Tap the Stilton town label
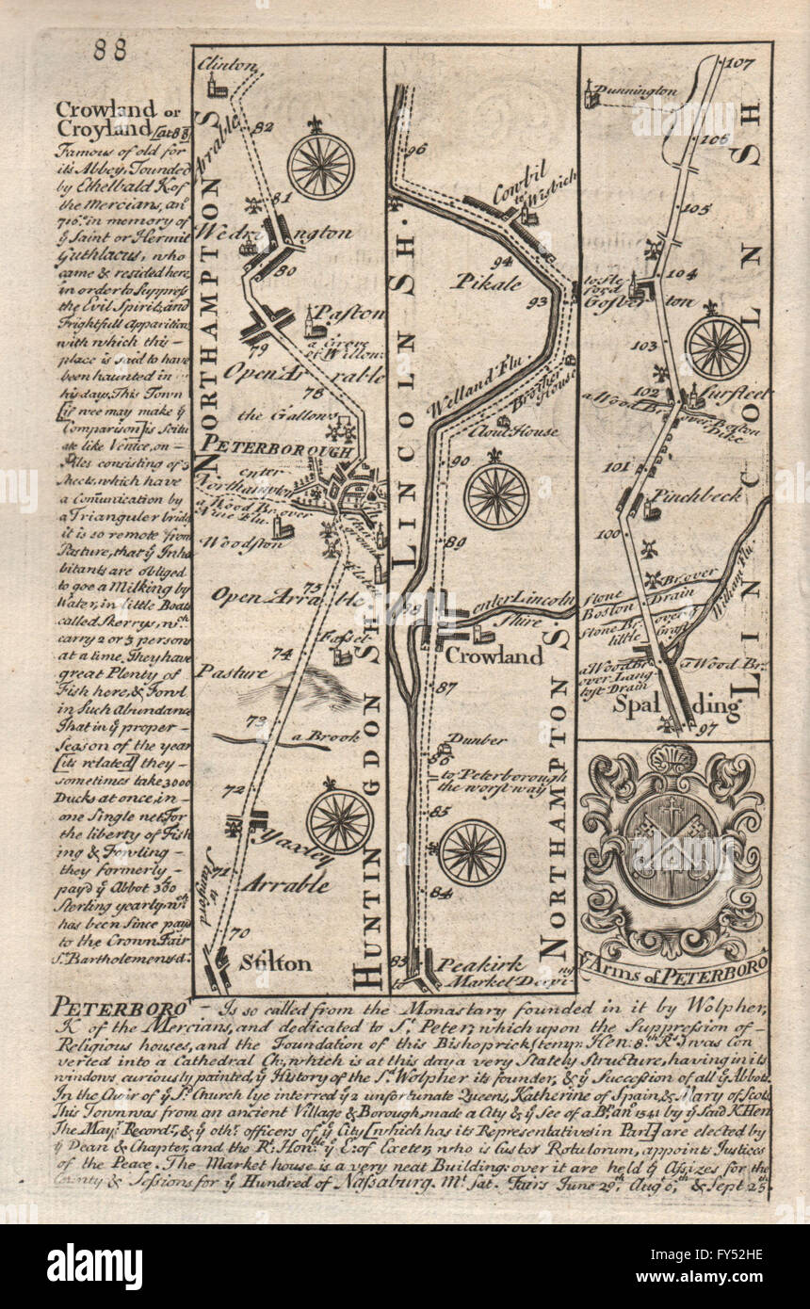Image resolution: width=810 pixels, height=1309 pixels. click(x=275, y=962)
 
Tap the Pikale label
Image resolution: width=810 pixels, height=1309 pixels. click(x=484, y=281)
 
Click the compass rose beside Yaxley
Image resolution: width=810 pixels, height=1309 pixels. click(x=339, y=821)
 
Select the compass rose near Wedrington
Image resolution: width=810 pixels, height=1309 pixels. click(x=321, y=166)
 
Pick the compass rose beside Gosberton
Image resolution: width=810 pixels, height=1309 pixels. click(x=717, y=347)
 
